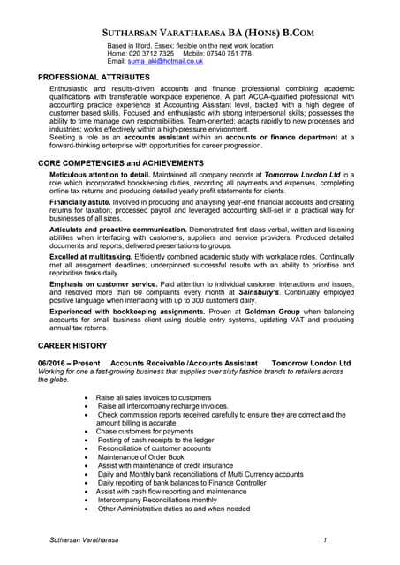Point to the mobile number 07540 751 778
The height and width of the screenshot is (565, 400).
coord(230,53)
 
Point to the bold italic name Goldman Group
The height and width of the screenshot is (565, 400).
coord(249,321)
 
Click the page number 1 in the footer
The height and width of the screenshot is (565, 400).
coord(326,539)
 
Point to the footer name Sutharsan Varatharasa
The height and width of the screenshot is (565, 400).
coord(86,539)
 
